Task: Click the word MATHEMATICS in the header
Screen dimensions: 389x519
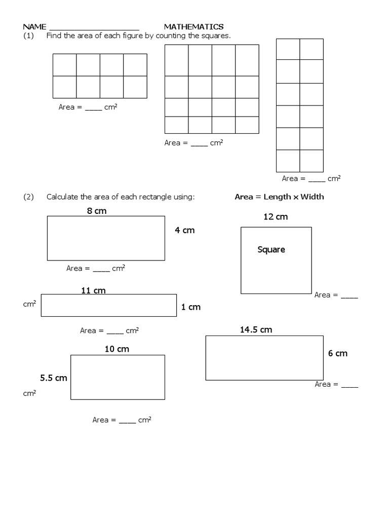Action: pos(193,26)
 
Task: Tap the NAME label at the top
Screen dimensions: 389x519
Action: pos(34,26)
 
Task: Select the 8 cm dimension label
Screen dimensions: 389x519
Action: pos(97,211)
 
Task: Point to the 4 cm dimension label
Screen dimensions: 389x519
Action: pos(184,230)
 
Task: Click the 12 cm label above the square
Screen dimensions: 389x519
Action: pos(276,217)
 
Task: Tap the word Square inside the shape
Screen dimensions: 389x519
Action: pos(271,249)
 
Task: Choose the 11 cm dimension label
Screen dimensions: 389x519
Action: pos(93,290)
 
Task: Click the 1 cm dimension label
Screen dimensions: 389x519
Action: pos(191,307)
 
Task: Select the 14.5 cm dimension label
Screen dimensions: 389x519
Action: pos(256,330)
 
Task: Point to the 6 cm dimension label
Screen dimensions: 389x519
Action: pos(338,353)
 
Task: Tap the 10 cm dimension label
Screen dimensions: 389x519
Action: pos(116,349)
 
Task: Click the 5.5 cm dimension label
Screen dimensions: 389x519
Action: pos(54,378)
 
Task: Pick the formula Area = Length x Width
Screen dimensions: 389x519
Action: pos(279,197)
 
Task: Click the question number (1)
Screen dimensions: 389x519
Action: pos(27,35)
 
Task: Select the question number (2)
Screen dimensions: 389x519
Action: pos(27,197)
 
